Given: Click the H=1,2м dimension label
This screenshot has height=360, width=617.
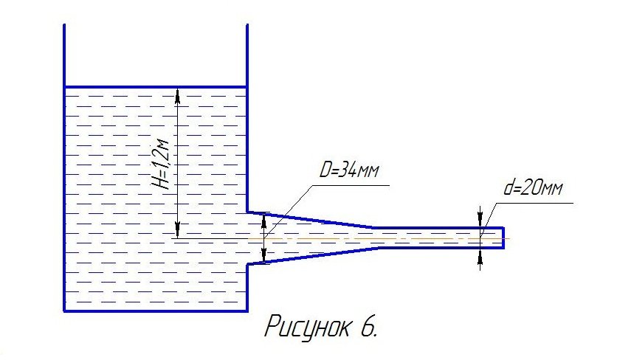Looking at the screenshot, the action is [x=162, y=164].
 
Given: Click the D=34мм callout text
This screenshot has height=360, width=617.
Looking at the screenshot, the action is [x=349, y=170].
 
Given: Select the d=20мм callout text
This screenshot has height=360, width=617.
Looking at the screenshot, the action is [x=533, y=187].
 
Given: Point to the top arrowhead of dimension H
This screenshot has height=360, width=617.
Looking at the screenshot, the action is [x=177, y=94].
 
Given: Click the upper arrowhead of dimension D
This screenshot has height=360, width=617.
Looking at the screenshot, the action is [x=264, y=221].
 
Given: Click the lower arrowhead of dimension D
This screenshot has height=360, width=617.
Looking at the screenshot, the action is [x=264, y=255].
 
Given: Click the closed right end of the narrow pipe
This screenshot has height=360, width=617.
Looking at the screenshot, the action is [x=503, y=238].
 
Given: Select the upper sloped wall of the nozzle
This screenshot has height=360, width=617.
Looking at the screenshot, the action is [x=311, y=220].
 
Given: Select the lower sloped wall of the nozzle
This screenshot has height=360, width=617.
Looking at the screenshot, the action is [x=314, y=256].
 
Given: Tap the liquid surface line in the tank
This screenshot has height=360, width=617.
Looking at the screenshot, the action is [x=156, y=86].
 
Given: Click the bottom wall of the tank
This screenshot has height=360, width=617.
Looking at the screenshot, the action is [x=156, y=311].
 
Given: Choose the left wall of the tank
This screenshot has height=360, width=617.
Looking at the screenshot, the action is [x=64, y=168].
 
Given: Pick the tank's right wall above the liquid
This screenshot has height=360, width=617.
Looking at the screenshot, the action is [x=247, y=55].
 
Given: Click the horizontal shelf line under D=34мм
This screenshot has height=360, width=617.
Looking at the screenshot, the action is [x=351, y=184].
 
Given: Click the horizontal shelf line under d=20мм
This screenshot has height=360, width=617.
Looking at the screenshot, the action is [x=534, y=203].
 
